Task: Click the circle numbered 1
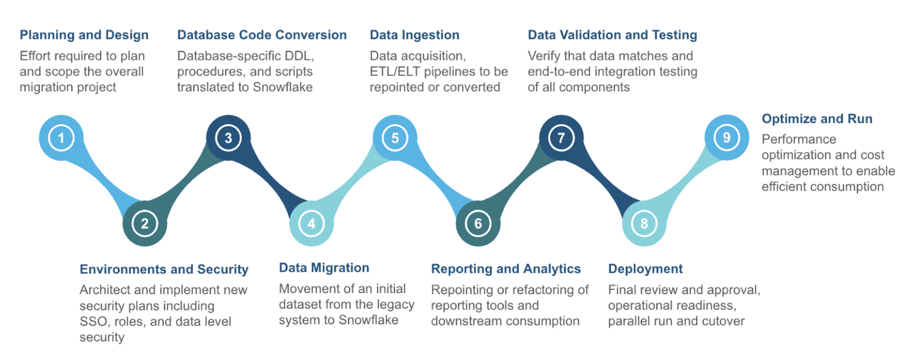pos(61,138)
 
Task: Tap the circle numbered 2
pos(145,223)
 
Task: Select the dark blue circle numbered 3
pos(228,138)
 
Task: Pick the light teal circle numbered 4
pos(311,223)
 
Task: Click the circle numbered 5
pos(395,138)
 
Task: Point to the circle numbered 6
pos(478,223)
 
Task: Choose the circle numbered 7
pos(561,138)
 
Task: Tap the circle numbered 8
pos(644,223)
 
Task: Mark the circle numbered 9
pos(727,138)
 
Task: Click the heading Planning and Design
pos(84,35)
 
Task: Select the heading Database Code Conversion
pos(262,35)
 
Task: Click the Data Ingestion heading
pos(414,35)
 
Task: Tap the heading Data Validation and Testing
pos(612,35)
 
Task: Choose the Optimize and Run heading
pos(816,119)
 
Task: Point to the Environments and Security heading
pos(164,269)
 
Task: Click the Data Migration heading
pos(324,268)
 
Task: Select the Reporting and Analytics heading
pos(506,269)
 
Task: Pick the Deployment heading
pos(645,269)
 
